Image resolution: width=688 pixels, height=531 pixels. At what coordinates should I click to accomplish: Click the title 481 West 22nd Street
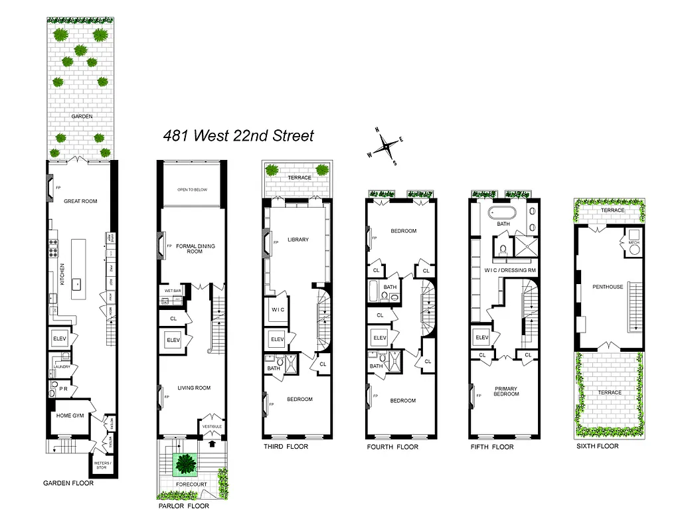click(238, 136)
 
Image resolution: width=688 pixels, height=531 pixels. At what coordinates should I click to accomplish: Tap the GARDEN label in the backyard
click(82, 116)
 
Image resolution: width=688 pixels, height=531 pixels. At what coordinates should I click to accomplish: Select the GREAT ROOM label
click(80, 201)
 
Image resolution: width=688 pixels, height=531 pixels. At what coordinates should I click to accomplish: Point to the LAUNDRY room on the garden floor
click(62, 366)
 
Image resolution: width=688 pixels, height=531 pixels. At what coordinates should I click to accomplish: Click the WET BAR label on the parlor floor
click(173, 290)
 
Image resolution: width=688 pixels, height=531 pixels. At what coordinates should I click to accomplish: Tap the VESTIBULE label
click(213, 426)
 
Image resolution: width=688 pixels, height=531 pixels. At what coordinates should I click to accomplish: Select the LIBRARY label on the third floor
click(298, 240)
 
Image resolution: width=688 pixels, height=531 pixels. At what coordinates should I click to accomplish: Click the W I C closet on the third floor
click(277, 309)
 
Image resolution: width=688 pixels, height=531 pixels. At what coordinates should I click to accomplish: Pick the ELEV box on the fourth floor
click(380, 338)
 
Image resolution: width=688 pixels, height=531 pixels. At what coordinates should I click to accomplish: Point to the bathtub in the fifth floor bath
click(502, 213)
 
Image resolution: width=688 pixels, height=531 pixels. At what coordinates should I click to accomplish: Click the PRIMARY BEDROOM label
click(507, 391)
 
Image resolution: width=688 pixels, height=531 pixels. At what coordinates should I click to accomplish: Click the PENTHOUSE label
click(608, 287)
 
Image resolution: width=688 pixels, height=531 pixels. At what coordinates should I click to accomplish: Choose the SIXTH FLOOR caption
click(597, 446)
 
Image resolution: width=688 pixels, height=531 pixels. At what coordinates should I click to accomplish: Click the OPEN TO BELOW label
click(192, 190)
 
